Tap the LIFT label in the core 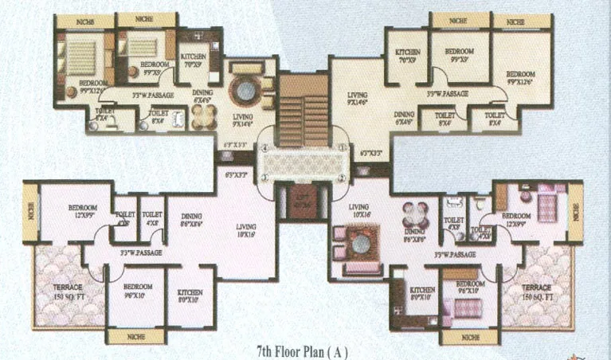click(302, 198)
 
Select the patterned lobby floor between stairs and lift click(303, 164)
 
